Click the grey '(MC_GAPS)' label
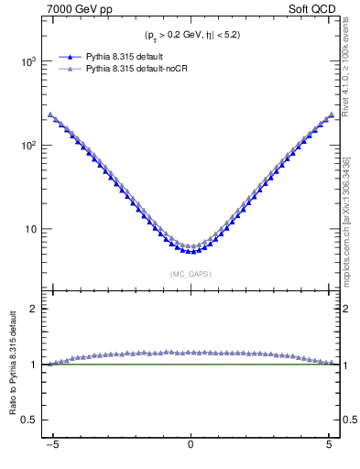tap(190, 273)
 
